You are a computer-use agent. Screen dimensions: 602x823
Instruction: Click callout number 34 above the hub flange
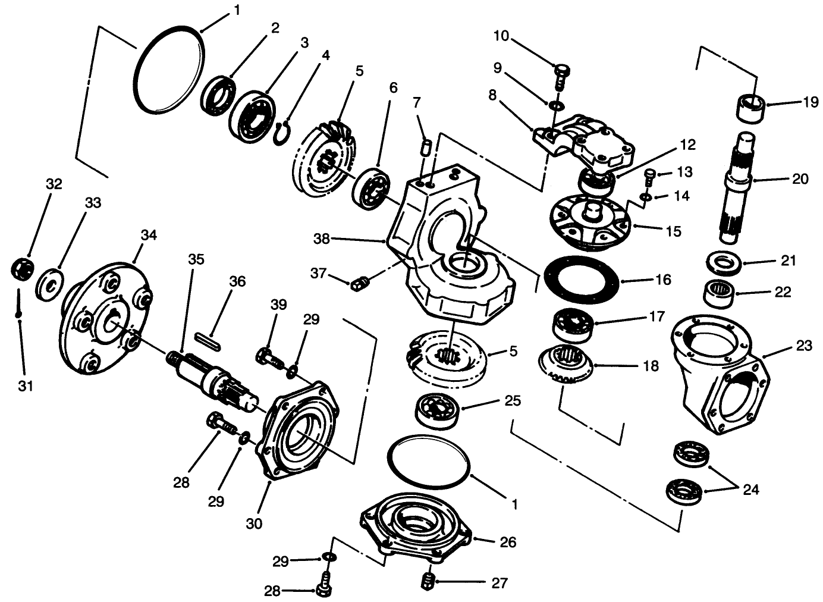[148, 235]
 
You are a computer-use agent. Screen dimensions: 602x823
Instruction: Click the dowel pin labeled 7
[424, 146]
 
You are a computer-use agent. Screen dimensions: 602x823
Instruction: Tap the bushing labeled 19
[750, 107]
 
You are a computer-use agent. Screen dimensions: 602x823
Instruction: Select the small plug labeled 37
[359, 285]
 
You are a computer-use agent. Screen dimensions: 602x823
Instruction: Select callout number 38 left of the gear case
[322, 239]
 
